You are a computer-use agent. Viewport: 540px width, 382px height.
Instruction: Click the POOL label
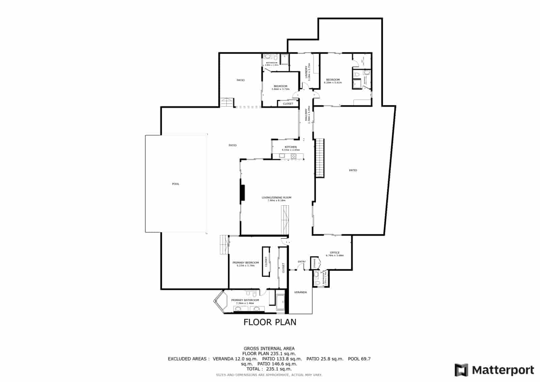pos(175,184)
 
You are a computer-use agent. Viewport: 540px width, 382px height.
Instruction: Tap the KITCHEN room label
pos(291,147)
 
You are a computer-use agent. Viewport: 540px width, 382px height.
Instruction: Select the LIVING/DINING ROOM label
pos(276,198)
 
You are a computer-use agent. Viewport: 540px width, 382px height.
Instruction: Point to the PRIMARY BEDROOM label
pos(245,263)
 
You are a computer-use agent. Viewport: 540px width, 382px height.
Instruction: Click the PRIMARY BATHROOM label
pos(245,300)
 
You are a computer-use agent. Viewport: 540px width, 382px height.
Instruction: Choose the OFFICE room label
pos(334,253)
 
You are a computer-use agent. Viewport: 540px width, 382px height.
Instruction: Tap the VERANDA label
pos(300,292)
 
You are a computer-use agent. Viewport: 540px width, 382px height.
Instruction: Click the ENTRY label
pos(301,262)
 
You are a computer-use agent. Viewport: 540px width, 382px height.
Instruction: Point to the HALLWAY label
pos(306,115)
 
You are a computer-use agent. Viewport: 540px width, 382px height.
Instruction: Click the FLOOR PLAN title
pos(270,322)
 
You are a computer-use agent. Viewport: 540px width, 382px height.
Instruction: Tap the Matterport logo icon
pos(461,370)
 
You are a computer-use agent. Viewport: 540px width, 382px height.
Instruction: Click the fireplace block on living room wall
pos(242,193)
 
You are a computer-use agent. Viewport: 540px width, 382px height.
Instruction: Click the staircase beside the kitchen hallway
pos(320,158)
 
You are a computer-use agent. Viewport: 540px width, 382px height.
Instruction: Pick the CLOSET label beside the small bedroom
pos(288,104)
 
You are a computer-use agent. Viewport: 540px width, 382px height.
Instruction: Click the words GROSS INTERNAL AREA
pos(269,349)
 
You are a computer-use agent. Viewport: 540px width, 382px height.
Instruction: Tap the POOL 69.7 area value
pos(360,359)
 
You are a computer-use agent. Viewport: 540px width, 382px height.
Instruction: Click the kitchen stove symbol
pos(294,156)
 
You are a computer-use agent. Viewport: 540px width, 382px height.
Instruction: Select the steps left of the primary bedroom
pos(224,245)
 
